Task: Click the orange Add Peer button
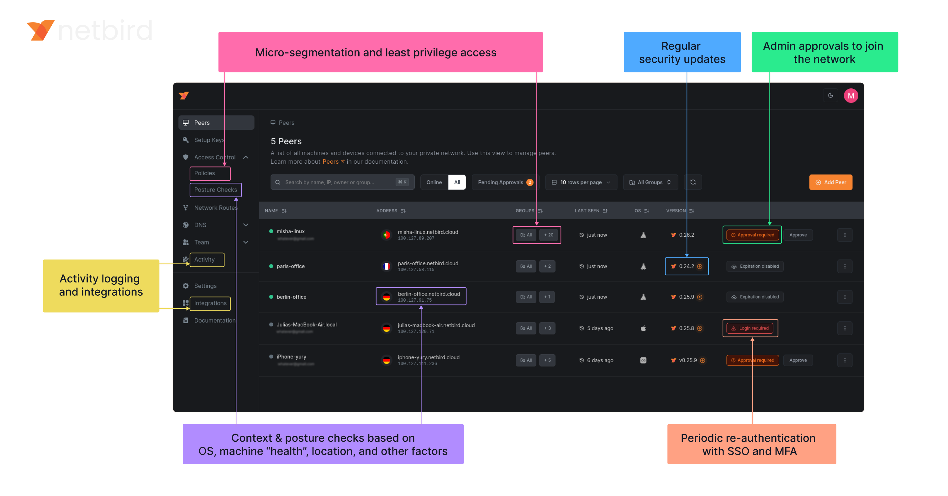click(x=831, y=182)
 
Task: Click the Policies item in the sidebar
click(x=205, y=173)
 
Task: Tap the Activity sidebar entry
click(x=204, y=259)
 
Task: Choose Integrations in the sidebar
click(x=210, y=303)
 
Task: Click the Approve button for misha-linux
click(x=798, y=235)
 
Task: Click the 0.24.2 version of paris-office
click(x=686, y=266)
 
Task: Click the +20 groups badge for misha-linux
click(x=548, y=235)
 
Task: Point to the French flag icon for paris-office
click(x=387, y=266)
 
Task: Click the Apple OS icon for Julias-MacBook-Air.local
click(x=643, y=328)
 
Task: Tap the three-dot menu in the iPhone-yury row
click(x=845, y=360)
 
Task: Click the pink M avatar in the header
click(x=851, y=96)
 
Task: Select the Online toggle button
click(x=434, y=182)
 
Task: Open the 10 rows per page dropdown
click(x=581, y=182)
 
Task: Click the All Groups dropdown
click(x=650, y=182)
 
